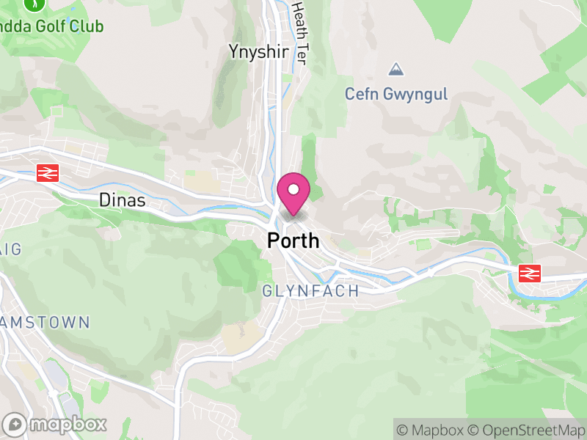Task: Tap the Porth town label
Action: pos(293,241)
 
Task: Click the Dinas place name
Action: pos(123,200)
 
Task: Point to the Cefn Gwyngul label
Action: pos(396,95)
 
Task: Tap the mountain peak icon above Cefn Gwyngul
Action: pos(396,70)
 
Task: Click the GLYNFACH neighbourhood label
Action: pos(311,291)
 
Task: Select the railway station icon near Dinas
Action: pos(48,173)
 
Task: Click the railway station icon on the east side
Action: pos(528,273)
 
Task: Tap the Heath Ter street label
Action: pos(299,31)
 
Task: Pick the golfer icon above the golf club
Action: pos(33,4)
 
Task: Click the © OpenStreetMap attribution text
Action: pos(527,430)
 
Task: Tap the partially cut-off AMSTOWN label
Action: pos(45,322)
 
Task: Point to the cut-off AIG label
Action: pos(10,249)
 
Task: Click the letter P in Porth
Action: pos(274,241)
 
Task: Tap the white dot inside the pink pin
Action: pos(293,189)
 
